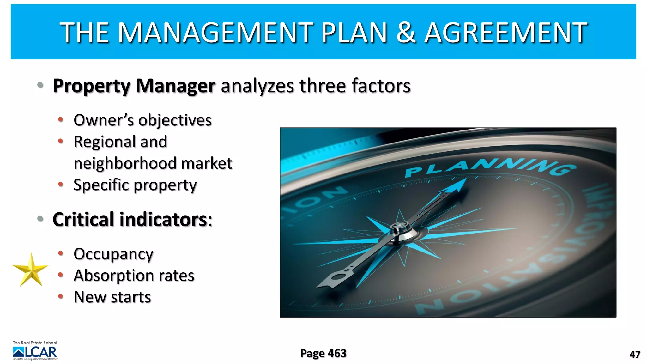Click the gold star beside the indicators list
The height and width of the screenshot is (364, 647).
click(31, 270)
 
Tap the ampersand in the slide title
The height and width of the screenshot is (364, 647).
click(406, 32)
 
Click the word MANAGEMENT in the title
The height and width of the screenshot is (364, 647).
click(215, 32)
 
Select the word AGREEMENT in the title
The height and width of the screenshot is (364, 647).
click(505, 32)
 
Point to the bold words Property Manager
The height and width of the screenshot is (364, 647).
click(134, 86)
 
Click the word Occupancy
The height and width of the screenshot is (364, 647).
click(113, 254)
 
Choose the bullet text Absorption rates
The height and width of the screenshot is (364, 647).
click(134, 276)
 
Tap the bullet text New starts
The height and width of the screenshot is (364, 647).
click(112, 297)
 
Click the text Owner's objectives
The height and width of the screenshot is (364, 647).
click(142, 120)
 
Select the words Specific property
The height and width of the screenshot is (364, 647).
click(135, 185)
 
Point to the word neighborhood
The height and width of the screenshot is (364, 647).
click(125, 163)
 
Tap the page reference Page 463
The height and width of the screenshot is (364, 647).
click(323, 353)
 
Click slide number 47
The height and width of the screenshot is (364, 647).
click(635, 355)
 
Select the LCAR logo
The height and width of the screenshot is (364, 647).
click(35, 351)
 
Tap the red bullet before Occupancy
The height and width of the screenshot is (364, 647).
click(61, 253)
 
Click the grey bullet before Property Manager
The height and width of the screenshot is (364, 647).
click(40, 85)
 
